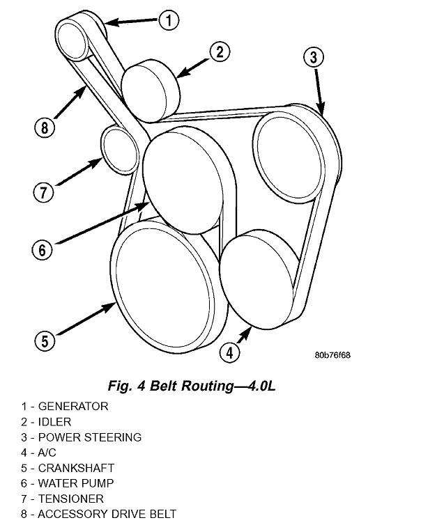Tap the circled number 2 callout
tap(219, 52)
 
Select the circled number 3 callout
tap(314, 57)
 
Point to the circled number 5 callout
tap(44, 340)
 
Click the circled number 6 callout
tap(42, 249)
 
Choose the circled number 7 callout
tap(42, 190)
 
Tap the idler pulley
tap(151, 92)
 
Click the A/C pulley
tap(258, 281)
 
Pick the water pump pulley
tap(183, 180)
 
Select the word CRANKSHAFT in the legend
tap(76, 468)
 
